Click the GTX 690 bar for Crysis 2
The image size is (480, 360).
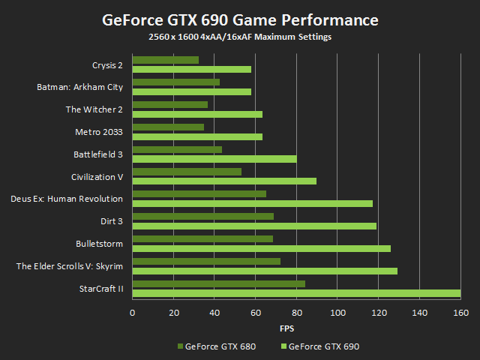(192, 69)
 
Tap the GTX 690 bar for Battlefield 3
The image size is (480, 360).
(214, 159)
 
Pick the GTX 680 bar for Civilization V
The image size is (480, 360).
(187, 172)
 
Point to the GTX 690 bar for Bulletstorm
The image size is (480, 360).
(262, 248)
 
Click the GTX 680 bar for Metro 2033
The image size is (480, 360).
(168, 127)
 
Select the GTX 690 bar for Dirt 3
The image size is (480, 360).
(254, 226)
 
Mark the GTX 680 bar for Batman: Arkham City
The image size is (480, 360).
(176, 82)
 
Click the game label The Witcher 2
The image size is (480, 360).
(94, 109)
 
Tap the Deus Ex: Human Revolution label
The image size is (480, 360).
(67, 199)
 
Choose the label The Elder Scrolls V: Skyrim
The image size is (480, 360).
(70, 266)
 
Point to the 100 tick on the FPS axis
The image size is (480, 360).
(337, 313)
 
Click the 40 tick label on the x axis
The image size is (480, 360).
(214, 313)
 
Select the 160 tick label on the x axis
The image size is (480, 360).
(460, 313)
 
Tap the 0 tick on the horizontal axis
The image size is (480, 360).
(133, 313)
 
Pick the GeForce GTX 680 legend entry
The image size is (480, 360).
(214, 346)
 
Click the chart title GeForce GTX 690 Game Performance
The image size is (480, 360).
(240, 19)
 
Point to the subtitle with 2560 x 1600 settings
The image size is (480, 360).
(240, 37)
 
